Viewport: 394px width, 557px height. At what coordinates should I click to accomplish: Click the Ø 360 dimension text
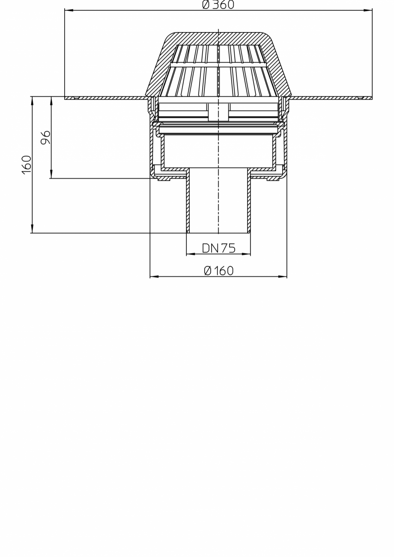click(x=218, y=5)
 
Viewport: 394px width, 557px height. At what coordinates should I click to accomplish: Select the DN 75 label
click(x=218, y=248)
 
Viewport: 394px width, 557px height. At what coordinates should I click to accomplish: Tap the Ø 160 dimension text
click(x=218, y=271)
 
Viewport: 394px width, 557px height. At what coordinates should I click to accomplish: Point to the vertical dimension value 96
click(x=45, y=137)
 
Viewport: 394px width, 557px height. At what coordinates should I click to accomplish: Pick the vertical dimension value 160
click(x=27, y=165)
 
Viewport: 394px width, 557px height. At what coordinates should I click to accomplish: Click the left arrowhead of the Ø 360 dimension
click(x=69, y=10)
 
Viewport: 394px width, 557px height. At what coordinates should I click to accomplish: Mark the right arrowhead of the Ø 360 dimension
click(x=368, y=10)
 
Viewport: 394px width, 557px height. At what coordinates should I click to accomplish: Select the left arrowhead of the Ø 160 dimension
click(x=154, y=277)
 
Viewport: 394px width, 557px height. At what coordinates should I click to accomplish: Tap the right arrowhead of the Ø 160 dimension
click(x=283, y=277)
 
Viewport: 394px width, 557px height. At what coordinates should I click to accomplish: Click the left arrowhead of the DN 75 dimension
click(x=191, y=254)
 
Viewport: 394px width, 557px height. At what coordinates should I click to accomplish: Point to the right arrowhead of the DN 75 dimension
click(x=246, y=254)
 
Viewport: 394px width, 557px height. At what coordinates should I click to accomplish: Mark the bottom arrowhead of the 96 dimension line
click(x=51, y=174)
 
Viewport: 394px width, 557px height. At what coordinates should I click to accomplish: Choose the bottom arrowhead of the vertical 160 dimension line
click(x=32, y=229)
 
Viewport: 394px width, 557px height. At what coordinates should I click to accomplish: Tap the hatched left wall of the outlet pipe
click(x=188, y=201)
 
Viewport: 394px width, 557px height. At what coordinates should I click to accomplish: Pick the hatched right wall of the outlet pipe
click(x=249, y=201)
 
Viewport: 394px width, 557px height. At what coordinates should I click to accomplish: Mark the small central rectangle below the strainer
click(x=218, y=112)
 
